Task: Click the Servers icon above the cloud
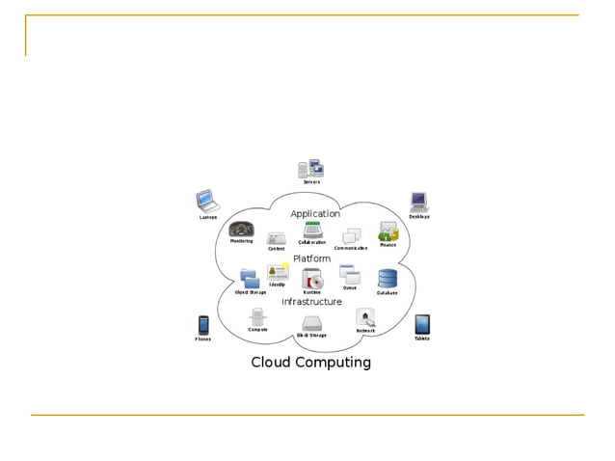pos(311,169)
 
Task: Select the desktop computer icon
pos(418,201)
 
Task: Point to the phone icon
pos(203,324)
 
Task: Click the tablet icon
pos(422,324)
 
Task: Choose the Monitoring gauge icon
pos(241,230)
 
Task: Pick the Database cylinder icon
pos(388,279)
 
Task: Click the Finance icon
pos(388,231)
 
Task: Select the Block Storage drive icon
pos(311,324)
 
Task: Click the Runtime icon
pos(311,279)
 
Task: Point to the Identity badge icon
pos(278,273)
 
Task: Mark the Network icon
pos(365,317)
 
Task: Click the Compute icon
pos(257,316)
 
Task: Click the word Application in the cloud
pos(315,213)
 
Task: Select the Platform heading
pos(311,258)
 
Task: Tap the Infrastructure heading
pos(311,301)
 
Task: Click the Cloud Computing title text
pos(310,363)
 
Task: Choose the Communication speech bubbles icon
pos(352,236)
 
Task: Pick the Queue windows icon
pos(349,274)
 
